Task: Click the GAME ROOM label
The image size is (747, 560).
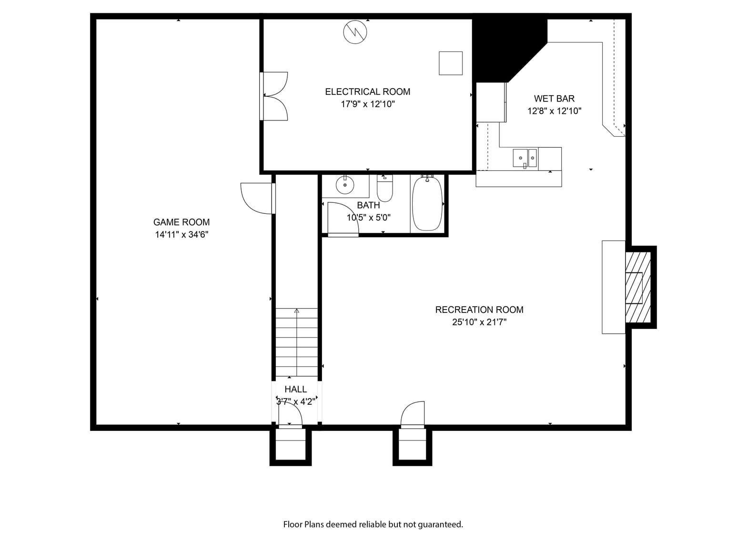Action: (182, 222)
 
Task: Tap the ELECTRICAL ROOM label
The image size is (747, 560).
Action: (367, 92)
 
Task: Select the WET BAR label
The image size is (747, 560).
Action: (554, 99)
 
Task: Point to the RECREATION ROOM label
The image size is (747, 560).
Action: (479, 310)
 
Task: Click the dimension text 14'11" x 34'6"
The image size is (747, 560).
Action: (182, 235)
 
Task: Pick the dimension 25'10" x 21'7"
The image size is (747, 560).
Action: (479, 322)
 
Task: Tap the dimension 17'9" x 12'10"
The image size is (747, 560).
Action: (367, 104)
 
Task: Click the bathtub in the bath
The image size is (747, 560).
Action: (427, 203)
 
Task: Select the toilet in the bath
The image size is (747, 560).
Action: (384, 188)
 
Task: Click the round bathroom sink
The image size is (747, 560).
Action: (345, 185)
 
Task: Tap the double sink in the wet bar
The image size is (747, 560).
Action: (525, 158)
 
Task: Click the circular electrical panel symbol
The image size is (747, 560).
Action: (355, 32)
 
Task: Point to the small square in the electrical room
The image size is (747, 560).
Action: (451, 63)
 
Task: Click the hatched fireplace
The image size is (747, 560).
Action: (638, 287)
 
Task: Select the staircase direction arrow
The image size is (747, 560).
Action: (297, 342)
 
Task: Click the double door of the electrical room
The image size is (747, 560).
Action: (274, 96)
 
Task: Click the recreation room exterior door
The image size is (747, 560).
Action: (413, 414)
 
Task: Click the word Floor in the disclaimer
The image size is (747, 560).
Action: (293, 525)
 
